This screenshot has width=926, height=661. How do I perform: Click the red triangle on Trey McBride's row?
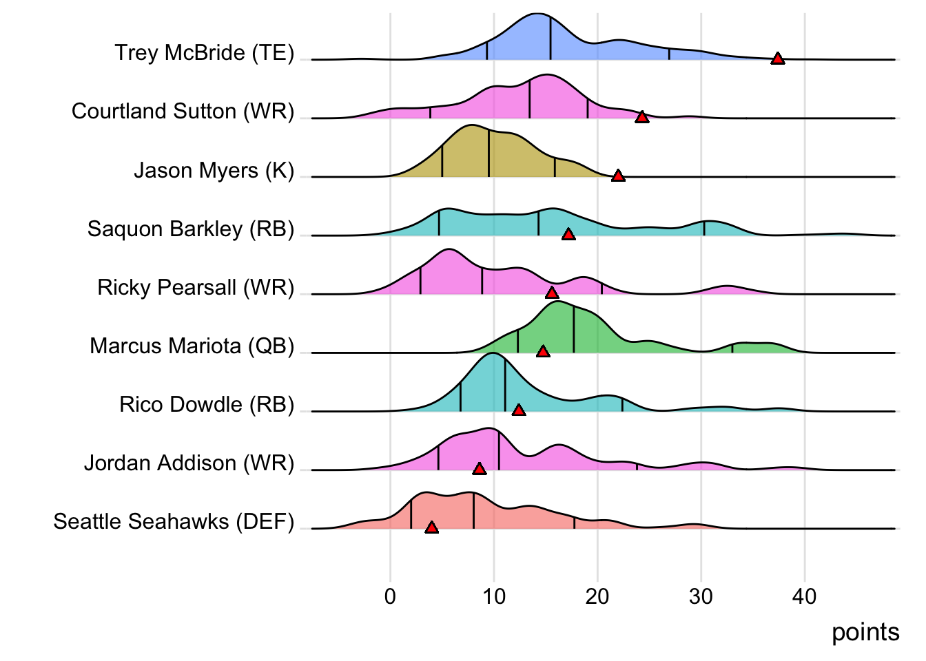click(777, 59)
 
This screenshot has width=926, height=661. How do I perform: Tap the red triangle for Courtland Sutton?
click(641, 117)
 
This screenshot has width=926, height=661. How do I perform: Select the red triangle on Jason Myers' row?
click(618, 176)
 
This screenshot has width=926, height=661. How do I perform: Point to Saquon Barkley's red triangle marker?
click(568, 234)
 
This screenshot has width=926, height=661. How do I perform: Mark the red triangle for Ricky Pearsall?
click(552, 293)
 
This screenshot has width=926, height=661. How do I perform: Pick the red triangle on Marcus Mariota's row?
click(543, 351)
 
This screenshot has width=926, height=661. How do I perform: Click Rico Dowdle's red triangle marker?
click(519, 410)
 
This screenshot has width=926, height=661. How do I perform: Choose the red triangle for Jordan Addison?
click(480, 468)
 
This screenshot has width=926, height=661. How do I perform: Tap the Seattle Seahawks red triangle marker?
click(431, 527)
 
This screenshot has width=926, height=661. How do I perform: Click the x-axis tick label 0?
click(390, 596)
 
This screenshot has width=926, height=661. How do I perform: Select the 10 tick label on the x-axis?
click(493, 596)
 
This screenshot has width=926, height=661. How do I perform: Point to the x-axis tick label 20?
click(597, 596)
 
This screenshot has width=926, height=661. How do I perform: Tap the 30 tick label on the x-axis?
click(701, 596)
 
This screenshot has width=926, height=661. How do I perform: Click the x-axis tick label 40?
click(804, 596)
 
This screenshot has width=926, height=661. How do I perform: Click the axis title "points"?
click(865, 632)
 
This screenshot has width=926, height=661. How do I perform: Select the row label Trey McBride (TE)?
click(204, 53)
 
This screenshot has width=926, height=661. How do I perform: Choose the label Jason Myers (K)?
click(214, 170)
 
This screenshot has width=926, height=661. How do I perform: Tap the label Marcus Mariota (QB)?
click(192, 346)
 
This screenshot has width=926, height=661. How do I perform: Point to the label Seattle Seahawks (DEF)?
click(174, 521)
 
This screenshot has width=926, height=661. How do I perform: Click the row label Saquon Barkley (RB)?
click(191, 229)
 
